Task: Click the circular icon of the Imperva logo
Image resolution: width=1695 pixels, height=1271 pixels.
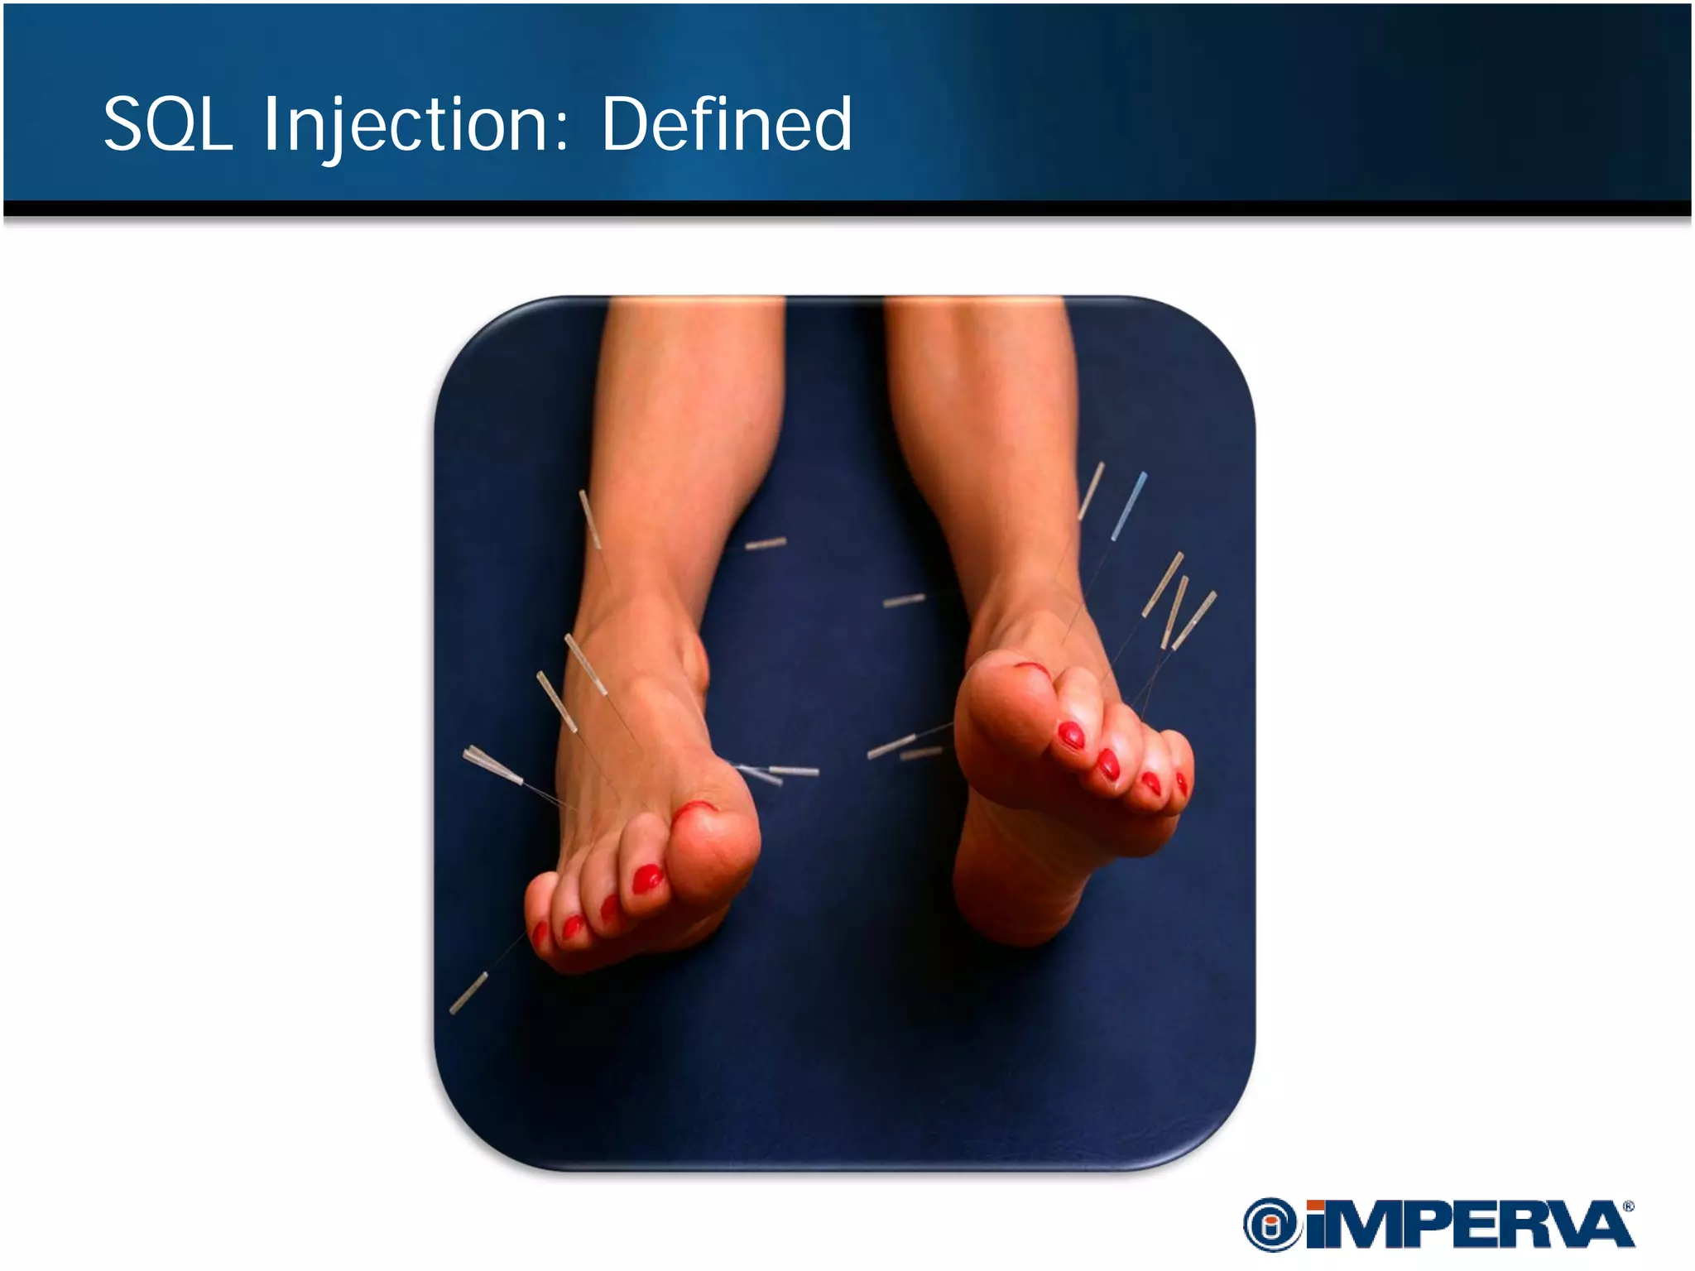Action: [1270, 1225]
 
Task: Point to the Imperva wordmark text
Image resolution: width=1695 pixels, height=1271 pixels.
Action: [1469, 1225]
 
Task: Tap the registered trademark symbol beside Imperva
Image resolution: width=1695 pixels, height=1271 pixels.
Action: [1628, 1206]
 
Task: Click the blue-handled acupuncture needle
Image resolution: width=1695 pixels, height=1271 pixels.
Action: [1130, 505]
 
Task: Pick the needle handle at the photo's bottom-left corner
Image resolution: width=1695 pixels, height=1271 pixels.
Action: [468, 992]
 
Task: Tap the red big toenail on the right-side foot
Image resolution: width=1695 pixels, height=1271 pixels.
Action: [1031, 666]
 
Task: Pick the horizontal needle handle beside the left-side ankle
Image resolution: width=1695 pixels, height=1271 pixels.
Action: [766, 544]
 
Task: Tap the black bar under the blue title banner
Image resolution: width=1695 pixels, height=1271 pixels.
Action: [847, 208]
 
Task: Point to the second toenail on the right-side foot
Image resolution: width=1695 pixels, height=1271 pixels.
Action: [1071, 735]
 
